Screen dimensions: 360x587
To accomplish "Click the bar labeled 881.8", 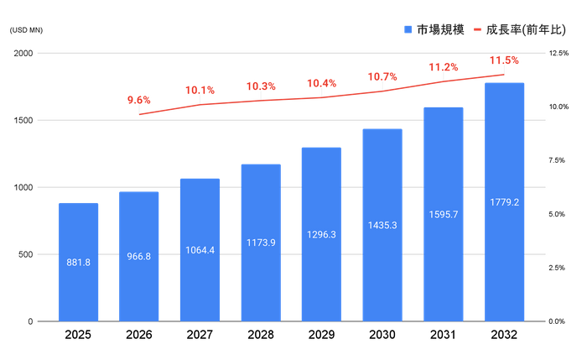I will coord(78,261).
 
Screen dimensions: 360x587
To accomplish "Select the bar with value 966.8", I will coord(138,255).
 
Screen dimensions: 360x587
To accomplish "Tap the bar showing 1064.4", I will coord(200,248).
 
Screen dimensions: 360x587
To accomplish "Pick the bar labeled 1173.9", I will coord(261,242).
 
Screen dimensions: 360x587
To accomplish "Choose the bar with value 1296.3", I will coord(321,233).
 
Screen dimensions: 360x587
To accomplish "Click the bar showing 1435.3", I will coord(382,224).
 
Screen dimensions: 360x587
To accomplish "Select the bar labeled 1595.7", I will coord(444,213).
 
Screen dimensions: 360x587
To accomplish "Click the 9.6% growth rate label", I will coord(139,100).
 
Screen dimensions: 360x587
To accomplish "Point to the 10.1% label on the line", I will coord(200,90).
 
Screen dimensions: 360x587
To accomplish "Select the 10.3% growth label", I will coord(261,86).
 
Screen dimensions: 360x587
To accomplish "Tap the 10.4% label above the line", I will coord(321,83).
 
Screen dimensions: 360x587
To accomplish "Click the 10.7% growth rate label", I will coord(382,76).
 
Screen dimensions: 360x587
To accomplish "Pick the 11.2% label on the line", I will coord(444,66).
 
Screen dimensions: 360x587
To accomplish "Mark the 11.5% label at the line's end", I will coord(504,60).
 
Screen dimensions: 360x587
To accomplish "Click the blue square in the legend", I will coord(408,29).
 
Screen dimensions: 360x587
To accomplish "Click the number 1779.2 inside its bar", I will coord(504,202).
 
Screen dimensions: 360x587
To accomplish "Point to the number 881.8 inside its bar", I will coord(78,262).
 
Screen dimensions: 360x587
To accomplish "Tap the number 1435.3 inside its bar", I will coord(382,225).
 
